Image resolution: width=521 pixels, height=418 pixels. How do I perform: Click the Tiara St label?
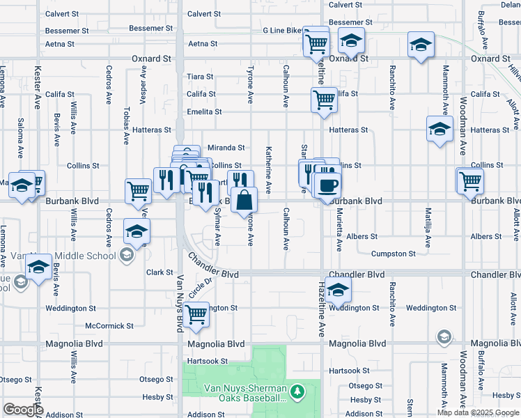coord(199,77)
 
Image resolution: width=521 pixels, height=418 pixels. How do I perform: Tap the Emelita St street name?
coord(203,111)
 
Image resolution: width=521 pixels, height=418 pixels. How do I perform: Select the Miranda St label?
coord(226,148)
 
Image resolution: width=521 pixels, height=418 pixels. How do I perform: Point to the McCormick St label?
coord(109,326)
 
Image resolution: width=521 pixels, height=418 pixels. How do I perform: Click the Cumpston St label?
coord(393,254)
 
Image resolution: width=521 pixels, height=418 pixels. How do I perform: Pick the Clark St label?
coord(160,272)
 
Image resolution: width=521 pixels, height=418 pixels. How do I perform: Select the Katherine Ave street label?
coord(268,170)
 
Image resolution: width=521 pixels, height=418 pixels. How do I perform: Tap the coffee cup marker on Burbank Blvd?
coord(327,185)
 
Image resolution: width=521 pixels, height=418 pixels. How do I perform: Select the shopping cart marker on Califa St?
coord(324,100)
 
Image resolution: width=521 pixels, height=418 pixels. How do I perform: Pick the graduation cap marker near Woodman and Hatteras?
coord(439,129)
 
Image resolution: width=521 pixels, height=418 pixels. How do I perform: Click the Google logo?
coord(23,410)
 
